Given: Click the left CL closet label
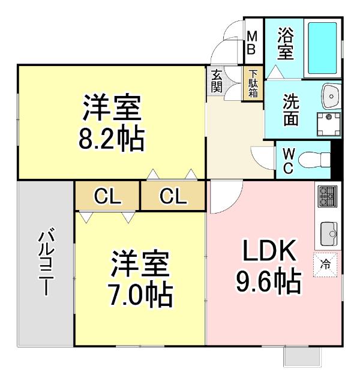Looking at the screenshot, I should pyautogui.click(x=107, y=196).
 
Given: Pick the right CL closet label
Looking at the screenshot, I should pyautogui.click(x=174, y=196).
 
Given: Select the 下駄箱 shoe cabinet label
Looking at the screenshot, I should pyautogui.click(x=253, y=83).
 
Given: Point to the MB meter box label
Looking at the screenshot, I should pyautogui.click(x=253, y=43).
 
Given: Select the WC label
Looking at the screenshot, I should pyautogui.click(x=287, y=160).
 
